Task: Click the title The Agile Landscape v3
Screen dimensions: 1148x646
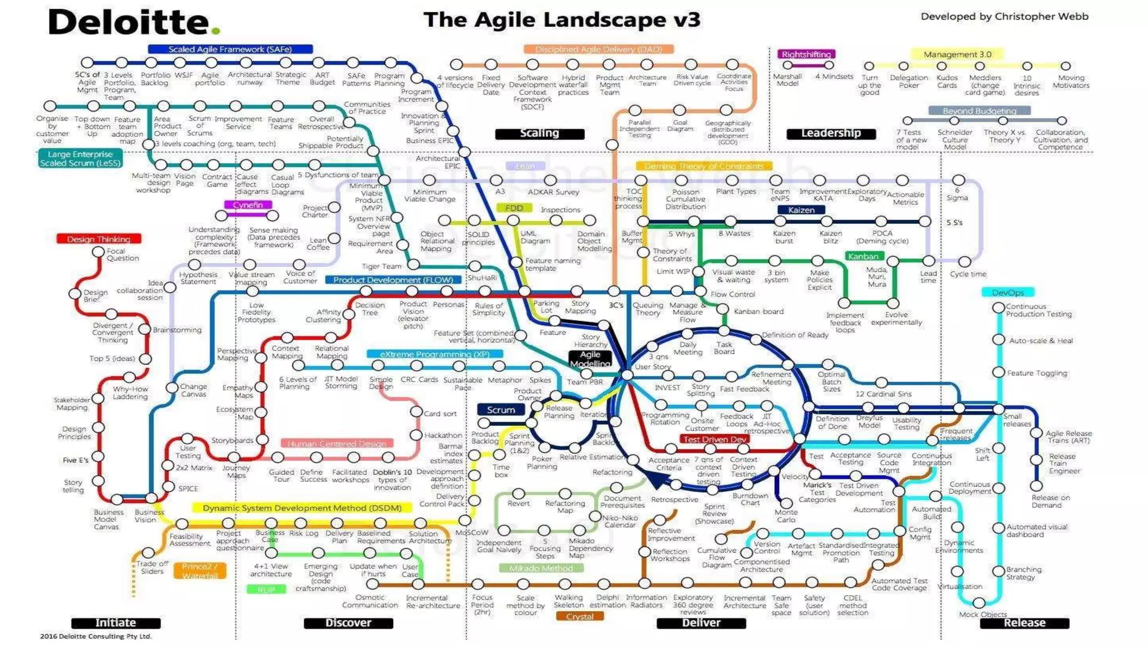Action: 562,20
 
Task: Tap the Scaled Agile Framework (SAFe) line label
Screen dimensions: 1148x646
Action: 230,49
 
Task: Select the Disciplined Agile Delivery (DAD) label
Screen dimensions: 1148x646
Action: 598,49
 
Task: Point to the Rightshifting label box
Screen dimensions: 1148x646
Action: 806,54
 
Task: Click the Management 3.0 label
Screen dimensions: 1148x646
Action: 957,54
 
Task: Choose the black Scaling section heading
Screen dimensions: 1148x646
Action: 539,133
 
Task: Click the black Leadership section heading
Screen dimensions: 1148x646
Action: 831,133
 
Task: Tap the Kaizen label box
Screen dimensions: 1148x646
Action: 801,210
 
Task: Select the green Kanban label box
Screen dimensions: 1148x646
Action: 863,256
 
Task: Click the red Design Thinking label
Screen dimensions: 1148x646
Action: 99,239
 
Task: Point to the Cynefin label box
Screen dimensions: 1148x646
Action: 248,205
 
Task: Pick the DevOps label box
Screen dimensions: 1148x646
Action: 1007,293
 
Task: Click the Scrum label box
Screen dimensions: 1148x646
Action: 501,410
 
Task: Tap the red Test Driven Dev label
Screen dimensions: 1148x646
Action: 715,440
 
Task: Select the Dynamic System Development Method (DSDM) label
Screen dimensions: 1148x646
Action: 302,508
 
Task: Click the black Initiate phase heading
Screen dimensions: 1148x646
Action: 115,623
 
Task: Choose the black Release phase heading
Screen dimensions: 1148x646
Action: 1024,623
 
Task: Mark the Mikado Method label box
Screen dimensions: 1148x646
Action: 541,569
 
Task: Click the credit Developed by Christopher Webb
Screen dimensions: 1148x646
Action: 1004,17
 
